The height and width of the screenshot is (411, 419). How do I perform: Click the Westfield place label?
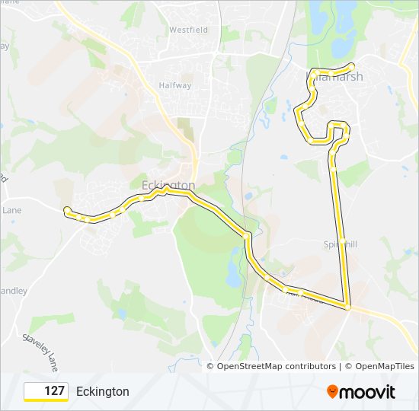[x=188, y=30]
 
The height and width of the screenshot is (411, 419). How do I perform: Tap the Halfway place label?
[x=175, y=85]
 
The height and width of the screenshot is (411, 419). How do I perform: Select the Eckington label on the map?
[x=168, y=185]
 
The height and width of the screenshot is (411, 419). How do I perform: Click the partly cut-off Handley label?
[x=13, y=291]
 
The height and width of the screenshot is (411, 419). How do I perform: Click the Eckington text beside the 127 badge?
[x=103, y=392]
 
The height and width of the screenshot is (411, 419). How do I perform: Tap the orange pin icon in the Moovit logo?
[x=333, y=392]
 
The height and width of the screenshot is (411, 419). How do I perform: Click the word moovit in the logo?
[x=369, y=392]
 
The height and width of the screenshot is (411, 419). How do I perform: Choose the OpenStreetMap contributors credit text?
[x=277, y=366]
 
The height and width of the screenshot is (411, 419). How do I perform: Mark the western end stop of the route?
[x=67, y=210]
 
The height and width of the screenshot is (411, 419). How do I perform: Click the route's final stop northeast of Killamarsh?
[x=351, y=65]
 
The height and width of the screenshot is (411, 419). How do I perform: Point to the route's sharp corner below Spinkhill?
[x=347, y=306]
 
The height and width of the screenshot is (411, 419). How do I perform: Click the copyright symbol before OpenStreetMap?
[x=211, y=366]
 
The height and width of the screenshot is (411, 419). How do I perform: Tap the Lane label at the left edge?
[x=11, y=210]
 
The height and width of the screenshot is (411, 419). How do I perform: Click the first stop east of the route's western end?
[x=91, y=219]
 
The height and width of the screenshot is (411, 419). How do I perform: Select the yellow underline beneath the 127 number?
[x=46, y=400]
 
